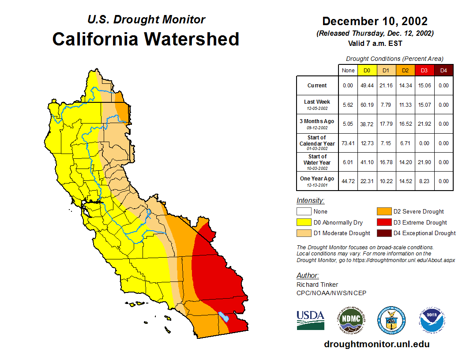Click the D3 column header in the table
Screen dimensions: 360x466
point(425,71)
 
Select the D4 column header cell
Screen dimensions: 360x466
point(443,71)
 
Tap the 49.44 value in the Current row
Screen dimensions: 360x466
point(367,86)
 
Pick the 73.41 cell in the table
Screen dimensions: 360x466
point(348,143)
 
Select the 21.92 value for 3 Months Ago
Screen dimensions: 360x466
point(425,124)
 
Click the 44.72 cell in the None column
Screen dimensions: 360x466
point(348,181)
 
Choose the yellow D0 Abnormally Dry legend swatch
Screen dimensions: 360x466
point(304,222)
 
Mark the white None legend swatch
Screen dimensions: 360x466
point(304,212)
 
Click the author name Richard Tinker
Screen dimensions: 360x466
point(317,285)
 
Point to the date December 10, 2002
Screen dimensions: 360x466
point(375,21)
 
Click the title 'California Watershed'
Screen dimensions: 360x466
point(146,39)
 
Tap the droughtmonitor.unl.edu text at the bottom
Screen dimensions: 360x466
point(376,344)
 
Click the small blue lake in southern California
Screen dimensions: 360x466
point(224,317)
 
